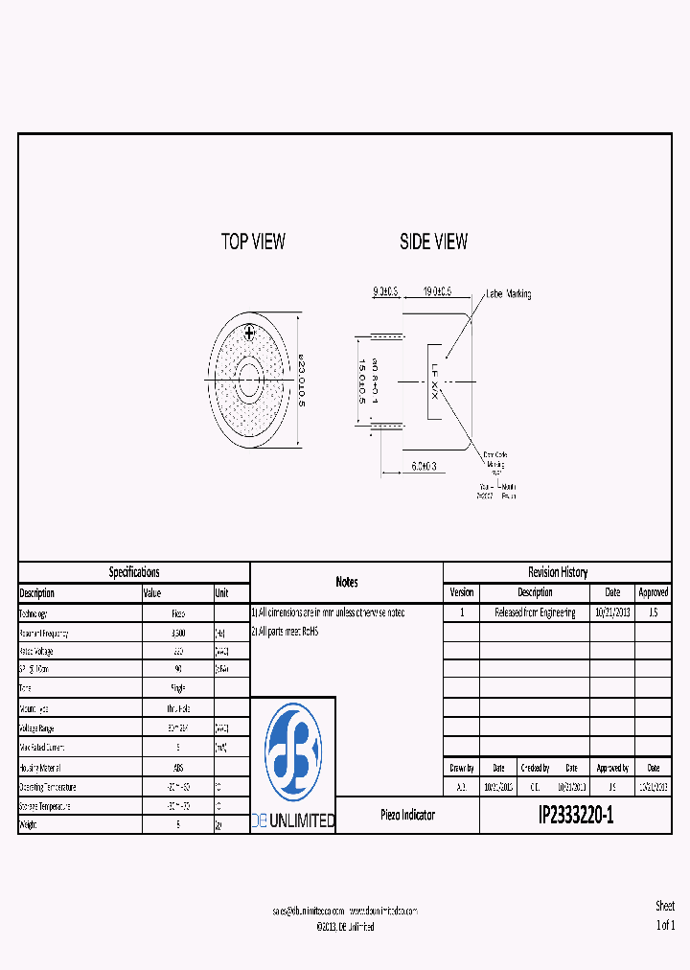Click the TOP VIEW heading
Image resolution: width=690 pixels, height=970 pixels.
click(253, 242)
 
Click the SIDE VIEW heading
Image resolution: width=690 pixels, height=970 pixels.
click(433, 242)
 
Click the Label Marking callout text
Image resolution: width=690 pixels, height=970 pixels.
click(508, 294)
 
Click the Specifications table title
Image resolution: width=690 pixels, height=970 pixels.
click(134, 572)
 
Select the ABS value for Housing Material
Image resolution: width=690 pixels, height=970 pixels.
click(178, 767)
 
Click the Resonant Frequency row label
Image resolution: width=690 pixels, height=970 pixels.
click(44, 634)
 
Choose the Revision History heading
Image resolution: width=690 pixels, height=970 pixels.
click(558, 572)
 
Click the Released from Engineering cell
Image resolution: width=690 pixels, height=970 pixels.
click(535, 612)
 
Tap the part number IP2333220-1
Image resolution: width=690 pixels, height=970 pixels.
click(575, 815)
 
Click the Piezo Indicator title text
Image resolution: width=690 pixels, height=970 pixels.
click(407, 815)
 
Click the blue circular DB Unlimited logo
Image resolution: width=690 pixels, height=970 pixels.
click(292, 752)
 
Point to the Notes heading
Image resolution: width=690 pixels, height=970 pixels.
click(347, 582)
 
